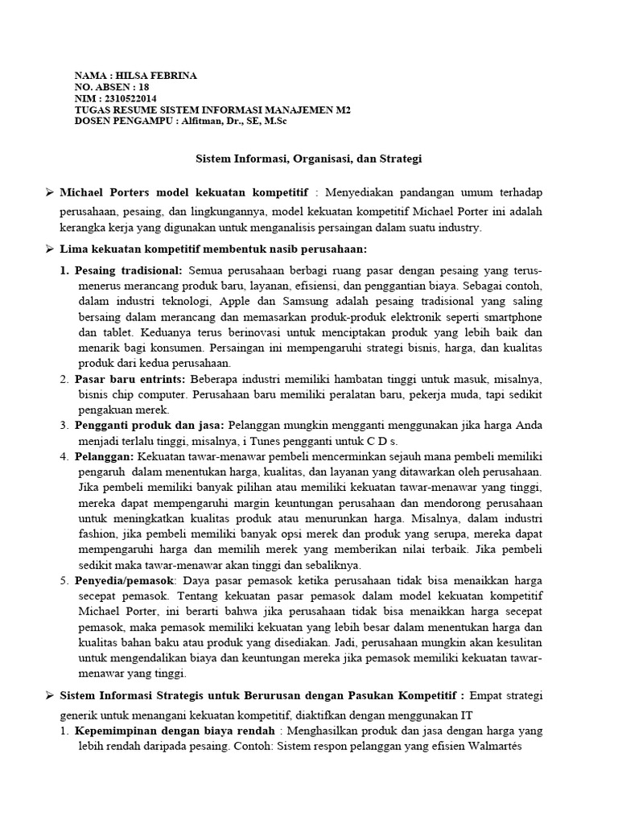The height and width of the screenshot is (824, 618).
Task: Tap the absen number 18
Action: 144,87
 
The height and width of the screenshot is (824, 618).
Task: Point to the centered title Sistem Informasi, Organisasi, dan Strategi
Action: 309,159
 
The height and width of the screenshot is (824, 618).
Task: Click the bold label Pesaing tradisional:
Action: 129,270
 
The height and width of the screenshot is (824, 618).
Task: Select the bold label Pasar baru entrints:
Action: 130,378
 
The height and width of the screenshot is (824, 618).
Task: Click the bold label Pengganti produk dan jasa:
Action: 151,424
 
